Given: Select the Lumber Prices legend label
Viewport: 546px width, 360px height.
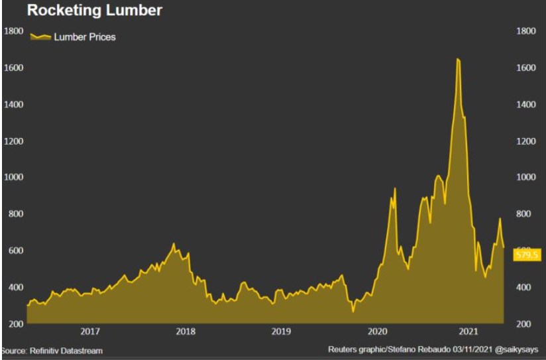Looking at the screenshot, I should (84, 37).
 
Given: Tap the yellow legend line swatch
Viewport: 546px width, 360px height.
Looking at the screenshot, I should (41, 37).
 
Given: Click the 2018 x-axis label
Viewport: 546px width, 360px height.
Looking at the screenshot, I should (186, 331).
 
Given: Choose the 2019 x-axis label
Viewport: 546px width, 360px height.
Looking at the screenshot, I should (281, 331).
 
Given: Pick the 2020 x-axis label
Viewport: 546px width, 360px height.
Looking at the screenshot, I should (377, 331).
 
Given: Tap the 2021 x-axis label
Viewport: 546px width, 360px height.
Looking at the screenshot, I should (469, 331).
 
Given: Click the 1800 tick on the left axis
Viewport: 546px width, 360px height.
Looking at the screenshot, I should (14, 30).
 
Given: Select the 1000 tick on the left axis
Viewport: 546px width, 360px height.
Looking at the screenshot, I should (14, 177).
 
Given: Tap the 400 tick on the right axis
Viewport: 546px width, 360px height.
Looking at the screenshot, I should (523, 287).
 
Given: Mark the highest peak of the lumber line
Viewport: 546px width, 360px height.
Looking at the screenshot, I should (458, 59).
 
